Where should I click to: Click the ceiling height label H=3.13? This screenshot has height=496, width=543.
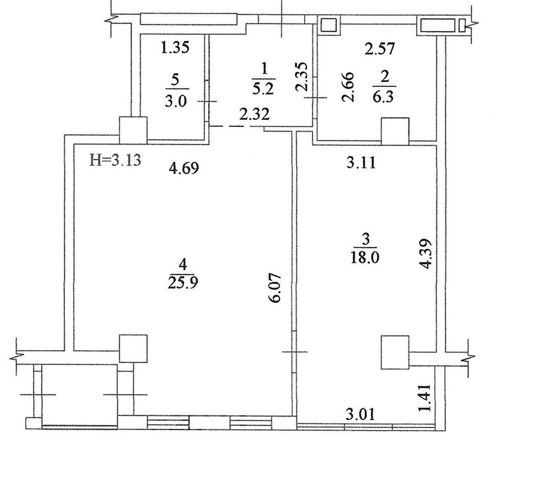115,160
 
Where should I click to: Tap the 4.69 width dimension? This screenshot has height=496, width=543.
184,168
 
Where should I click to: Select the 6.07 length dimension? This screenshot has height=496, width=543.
276,288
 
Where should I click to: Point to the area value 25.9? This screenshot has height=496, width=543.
183,283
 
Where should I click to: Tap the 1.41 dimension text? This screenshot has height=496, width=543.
424,398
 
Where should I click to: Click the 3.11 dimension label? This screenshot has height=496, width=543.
361,163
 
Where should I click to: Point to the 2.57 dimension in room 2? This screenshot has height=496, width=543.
380,49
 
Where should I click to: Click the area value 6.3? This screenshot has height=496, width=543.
383,97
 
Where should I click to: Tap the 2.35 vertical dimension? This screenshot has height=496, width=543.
301,77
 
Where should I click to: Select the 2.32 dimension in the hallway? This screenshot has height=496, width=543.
255,114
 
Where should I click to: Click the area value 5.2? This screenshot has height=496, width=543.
263,89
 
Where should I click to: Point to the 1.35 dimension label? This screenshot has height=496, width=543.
175,48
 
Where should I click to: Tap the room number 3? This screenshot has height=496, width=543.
365,240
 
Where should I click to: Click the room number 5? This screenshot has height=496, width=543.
175,81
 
